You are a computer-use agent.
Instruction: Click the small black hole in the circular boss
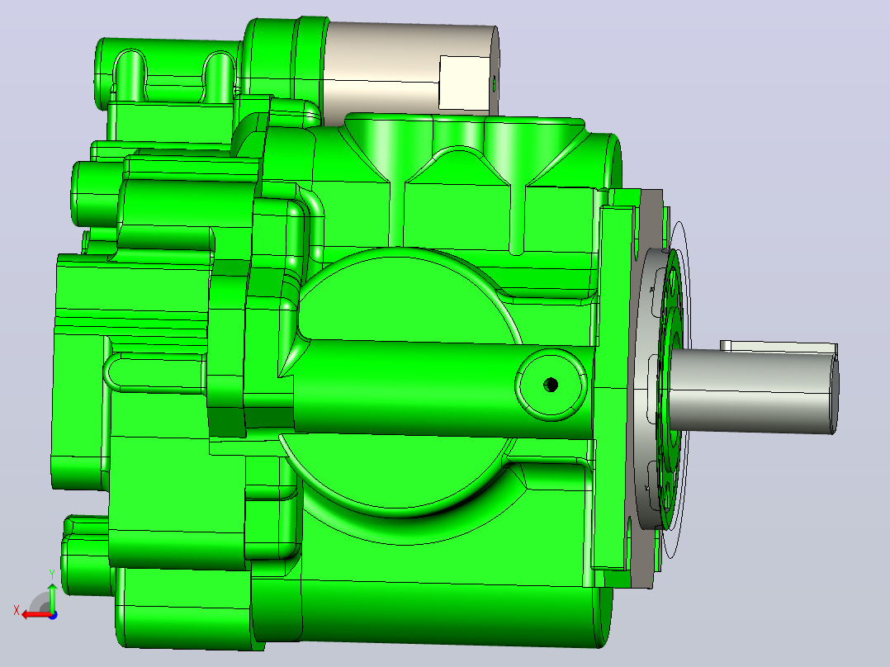(x=551, y=385)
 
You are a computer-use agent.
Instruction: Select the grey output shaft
(x=752, y=389)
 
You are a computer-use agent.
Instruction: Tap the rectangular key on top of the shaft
(x=779, y=347)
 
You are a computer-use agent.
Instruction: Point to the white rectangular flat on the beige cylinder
(x=464, y=83)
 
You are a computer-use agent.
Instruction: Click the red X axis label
(x=17, y=610)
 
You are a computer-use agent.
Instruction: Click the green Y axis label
(x=52, y=575)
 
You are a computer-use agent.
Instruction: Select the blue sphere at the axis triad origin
(x=53, y=615)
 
